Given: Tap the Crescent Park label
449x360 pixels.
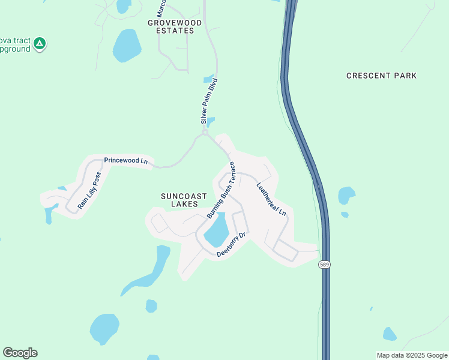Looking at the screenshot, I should click(381, 76).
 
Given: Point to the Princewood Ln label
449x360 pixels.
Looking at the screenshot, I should click(125, 161).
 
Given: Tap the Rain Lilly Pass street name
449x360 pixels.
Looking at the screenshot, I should click(90, 191).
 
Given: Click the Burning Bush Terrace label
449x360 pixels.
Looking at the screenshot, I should click(220, 190).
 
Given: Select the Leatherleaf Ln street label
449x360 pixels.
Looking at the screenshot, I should click(271, 199).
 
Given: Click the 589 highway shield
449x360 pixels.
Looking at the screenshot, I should click(324, 265).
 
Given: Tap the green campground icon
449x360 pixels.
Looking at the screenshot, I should click(40, 43).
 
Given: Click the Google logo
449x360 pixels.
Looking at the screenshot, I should click(20, 353).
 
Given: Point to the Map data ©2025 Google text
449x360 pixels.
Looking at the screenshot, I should click(411, 355).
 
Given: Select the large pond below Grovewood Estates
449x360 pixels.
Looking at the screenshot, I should click(127, 46).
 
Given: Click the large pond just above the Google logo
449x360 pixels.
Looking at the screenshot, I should click(104, 328).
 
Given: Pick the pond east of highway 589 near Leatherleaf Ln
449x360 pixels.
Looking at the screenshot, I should click(346, 196).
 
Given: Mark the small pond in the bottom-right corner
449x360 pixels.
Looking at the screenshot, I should click(390, 334).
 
